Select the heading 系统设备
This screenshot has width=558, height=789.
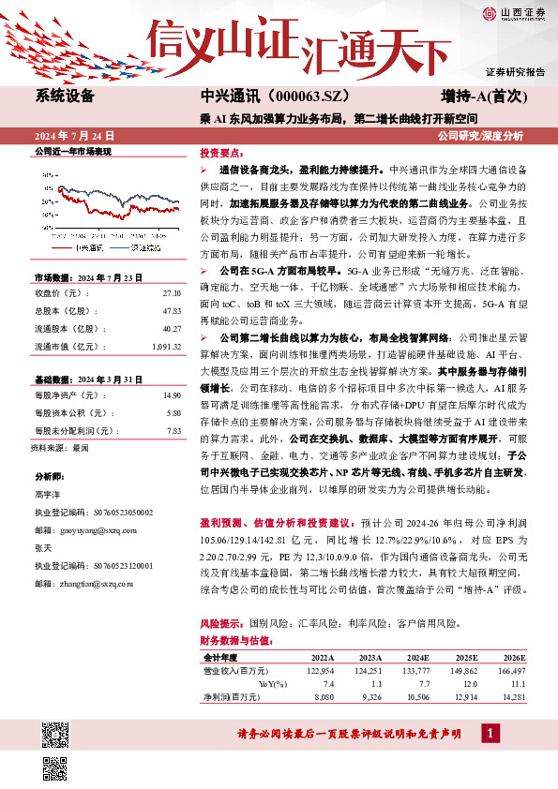click(x=65, y=96)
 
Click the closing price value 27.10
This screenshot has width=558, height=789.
click(x=171, y=293)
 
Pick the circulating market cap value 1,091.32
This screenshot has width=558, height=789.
click(x=165, y=346)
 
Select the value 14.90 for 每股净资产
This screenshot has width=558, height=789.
click(x=171, y=397)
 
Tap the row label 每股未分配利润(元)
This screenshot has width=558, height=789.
click(x=74, y=430)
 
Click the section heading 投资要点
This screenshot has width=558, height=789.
click(x=221, y=152)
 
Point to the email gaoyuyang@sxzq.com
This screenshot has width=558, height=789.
click(x=104, y=528)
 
